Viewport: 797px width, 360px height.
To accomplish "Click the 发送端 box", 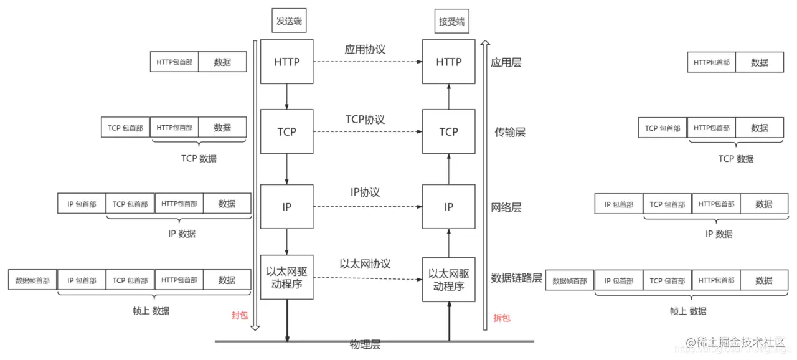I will pos(290,21).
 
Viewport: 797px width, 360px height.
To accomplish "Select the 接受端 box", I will pos(452,22).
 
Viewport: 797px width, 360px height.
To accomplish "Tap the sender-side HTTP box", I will pos(286,62).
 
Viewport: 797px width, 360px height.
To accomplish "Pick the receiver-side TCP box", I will pos(448,131).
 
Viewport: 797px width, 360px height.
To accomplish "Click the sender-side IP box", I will pos(286,207).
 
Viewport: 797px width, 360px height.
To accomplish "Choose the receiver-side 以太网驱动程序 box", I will pos(448,280).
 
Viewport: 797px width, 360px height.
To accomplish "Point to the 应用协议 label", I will pos(365,49).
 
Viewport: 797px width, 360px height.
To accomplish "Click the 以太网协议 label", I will pos(365,263).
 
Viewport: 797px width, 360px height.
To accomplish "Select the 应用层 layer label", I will pos(506,62).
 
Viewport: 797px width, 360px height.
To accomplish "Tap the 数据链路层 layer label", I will pos(517,278).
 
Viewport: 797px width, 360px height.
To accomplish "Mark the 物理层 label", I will pos(365,345).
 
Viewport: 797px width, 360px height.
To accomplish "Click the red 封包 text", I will pos(240,315).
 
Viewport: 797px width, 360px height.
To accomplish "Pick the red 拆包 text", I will pos(502,318).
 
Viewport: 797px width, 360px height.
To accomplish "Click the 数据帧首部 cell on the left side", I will pos(32,280).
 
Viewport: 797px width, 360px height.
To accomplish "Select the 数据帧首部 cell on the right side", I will pos(570,281).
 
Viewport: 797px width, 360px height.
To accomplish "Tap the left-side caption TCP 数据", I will pos(199,158).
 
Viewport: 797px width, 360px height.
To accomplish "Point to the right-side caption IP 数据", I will pos(719,234).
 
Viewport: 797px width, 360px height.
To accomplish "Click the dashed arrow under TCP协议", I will pos(367,131).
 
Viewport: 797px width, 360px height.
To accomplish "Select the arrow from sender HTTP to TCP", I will pos(286,97).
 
